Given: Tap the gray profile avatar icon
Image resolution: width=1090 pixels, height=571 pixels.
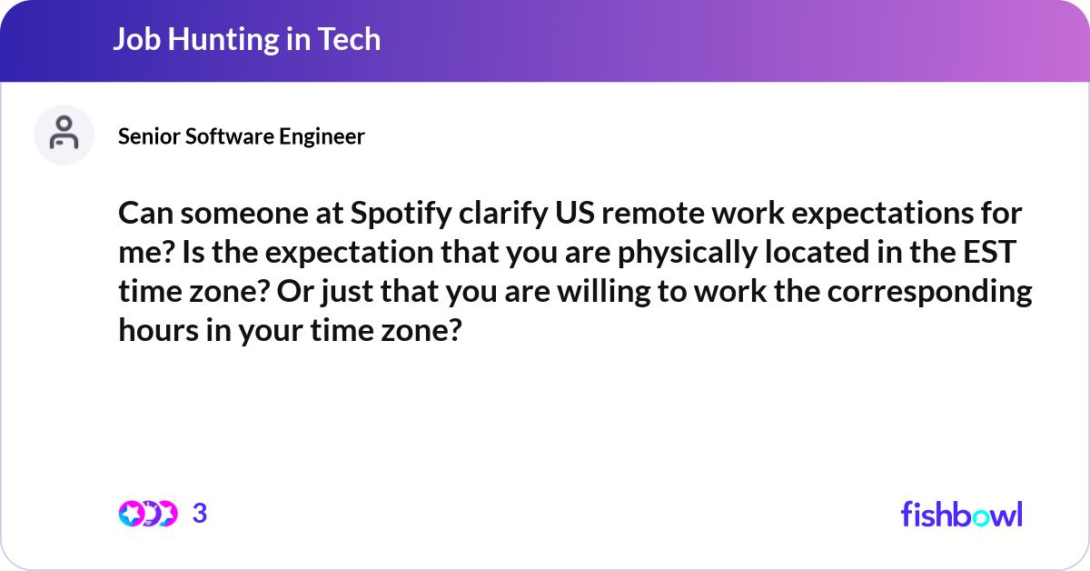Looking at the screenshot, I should pos(64,135).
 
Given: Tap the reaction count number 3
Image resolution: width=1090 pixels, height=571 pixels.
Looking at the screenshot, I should pos(200,514).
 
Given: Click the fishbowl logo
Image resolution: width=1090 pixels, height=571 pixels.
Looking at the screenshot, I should pos(961,514).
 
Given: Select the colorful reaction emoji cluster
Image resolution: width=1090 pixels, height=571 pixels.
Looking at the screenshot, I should pos(147,514).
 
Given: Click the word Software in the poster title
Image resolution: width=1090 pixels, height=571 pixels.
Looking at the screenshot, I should pos(229,136).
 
